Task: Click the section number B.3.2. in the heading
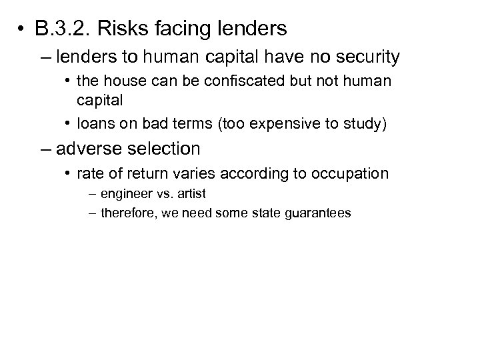pyautogui.click(x=71, y=29)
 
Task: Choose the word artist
pyautogui.click(x=192, y=194)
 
